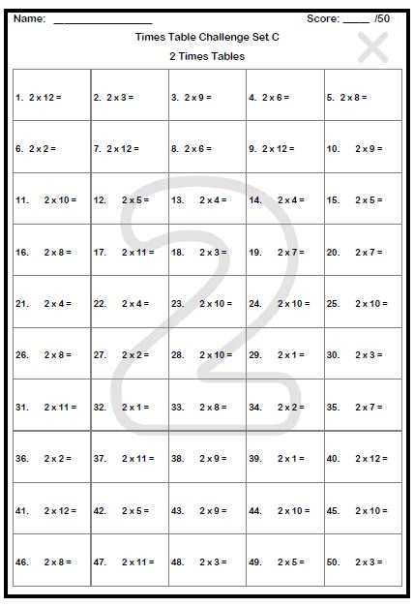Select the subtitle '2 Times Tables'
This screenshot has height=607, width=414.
pos(206,56)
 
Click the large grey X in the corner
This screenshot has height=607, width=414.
pos(372,46)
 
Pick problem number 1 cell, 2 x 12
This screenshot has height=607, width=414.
pos(51,97)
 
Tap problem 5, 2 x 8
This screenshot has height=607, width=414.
pos(363,97)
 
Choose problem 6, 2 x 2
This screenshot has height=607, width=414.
pos(51,149)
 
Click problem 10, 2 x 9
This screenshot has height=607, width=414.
pos(363,149)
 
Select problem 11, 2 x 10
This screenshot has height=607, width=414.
pos(51,200)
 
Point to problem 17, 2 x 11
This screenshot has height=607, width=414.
pos(129,252)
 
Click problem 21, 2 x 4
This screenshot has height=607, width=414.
pos(51,303)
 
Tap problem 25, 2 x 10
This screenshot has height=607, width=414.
pos(363,303)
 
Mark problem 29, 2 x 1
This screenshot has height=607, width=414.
pos(284,354)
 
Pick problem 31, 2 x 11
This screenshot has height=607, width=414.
pos(51,407)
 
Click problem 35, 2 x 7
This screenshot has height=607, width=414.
pos(363,407)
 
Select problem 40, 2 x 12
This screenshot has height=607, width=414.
pos(363,458)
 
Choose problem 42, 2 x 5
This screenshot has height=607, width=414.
pos(129,510)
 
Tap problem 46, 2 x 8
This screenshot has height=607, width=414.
pos(51,561)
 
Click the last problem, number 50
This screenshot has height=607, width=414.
pos(363,561)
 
